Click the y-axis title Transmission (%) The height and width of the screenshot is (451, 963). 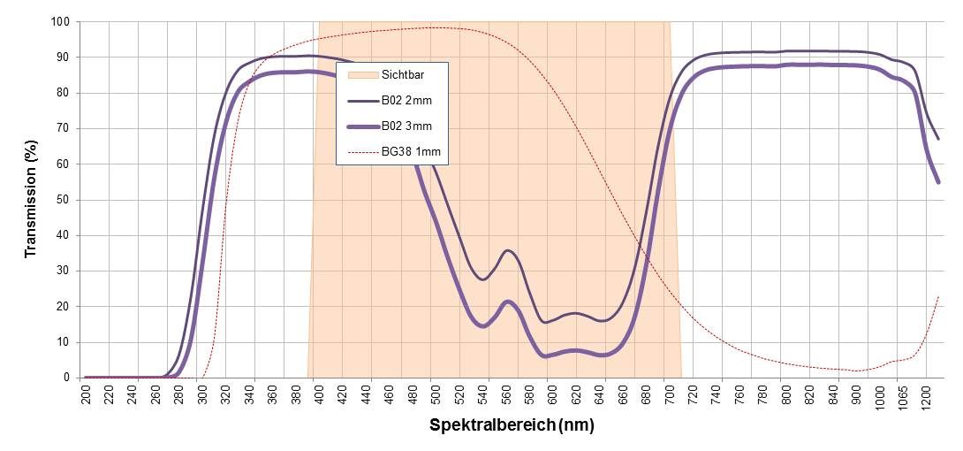click(x=31, y=199)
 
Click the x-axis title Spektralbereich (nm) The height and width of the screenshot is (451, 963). click(x=512, y=425)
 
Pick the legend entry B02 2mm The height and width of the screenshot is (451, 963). click(x=406, y=100)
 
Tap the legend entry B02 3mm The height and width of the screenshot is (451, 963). click(x=406, y=126)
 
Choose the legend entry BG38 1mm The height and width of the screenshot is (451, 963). click(x=411, y=152)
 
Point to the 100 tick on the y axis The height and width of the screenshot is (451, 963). click(x=59, y=21)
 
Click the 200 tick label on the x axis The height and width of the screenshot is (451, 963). click(x=87, y=394)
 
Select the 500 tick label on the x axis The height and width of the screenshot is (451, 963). click(x=433, y=394)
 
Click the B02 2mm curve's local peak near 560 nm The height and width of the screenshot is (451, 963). click(x=507, y=250)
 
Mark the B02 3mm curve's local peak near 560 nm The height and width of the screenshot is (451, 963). click(x=507, y=302)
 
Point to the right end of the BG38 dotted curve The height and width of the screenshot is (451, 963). click(x=938, y=296)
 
